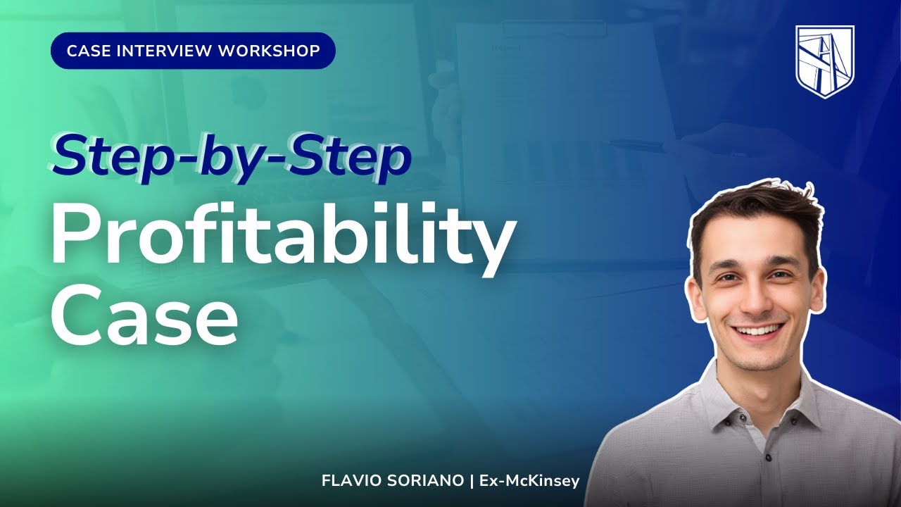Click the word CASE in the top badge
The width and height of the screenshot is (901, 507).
click(87, 51)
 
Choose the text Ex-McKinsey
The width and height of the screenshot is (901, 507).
click(529, 481)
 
